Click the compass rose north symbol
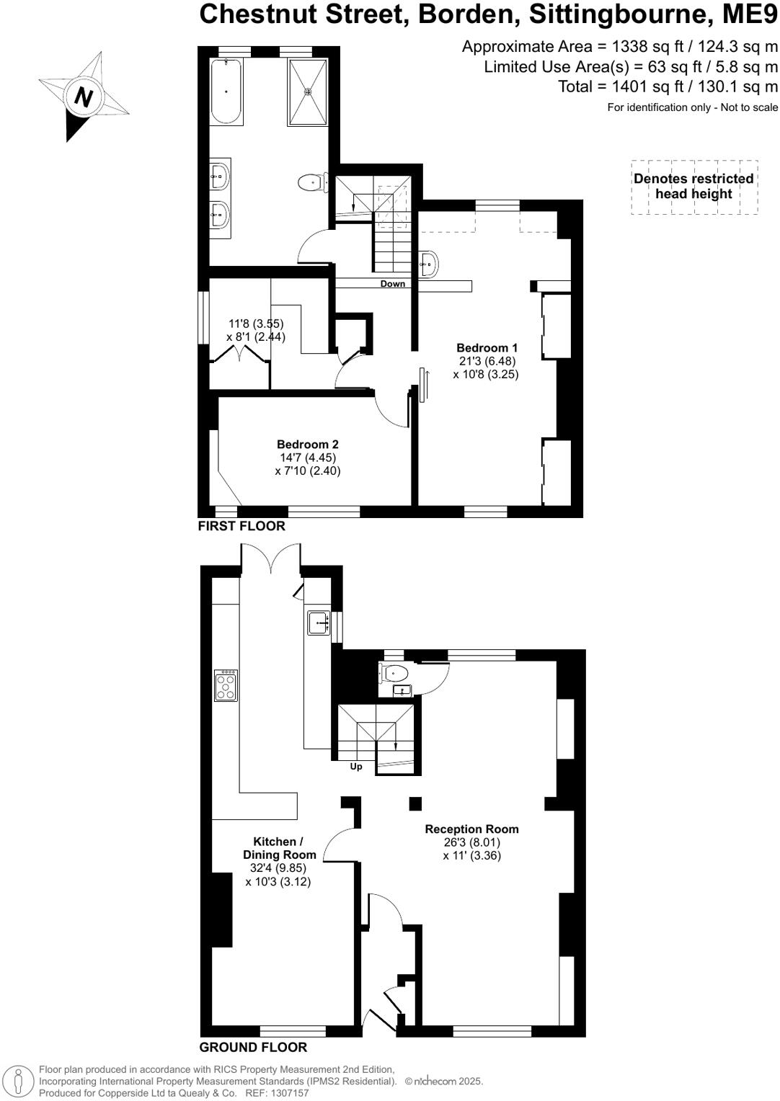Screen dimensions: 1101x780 (x=83, y=97)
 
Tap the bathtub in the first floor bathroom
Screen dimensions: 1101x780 (x=227, y=92)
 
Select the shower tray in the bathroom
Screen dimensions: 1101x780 (x=309, y=92)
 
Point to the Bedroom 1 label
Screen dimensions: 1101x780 (x=487, y=348)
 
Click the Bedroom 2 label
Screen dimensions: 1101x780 (x=307, y=445)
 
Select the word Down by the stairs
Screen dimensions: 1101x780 (x=393, y=284)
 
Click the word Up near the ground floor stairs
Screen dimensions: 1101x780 (x=356, y=767)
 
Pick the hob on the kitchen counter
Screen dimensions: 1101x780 (x=226, y=685)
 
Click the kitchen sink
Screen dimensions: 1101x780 (x=319, y=622)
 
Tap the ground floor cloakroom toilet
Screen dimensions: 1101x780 (x=395, y=674)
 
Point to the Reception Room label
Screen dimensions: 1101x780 (x=471, y=829)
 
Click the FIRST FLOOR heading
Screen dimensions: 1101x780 (x=241, y=526)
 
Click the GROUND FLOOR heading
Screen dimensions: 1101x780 (x=253, y=1047)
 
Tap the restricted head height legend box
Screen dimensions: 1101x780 (x=694, y=187)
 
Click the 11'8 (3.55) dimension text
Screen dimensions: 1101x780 (x=256, y=324)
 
